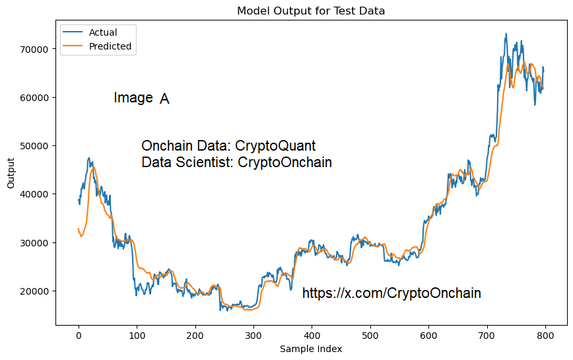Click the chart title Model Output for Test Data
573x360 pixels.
point(311,11)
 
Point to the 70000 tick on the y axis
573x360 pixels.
point(33,49)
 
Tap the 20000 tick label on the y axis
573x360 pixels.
point(33,291)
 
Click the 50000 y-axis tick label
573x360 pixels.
point(33,146)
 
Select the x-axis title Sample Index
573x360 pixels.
point(311,349)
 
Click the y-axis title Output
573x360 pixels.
point(11,173)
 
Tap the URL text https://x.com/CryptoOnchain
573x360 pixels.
point(391,293)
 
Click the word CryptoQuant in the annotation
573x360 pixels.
point(275,146)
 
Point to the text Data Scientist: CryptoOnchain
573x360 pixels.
point(236,162)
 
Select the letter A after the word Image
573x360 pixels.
point(164,99)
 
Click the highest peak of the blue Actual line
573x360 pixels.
point(506,34)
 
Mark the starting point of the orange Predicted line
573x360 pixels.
point(79,229)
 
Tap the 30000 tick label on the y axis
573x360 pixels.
point(33,242)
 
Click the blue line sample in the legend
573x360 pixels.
point(73,32)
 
